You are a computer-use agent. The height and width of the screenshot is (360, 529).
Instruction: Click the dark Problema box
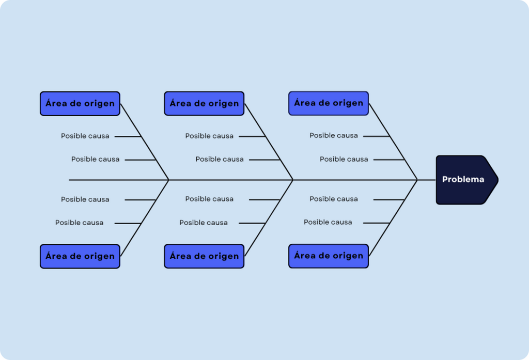(467, 180)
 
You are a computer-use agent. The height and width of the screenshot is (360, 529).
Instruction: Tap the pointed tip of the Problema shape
(499, 180)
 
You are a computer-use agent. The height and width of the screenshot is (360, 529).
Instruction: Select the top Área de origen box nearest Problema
(329, 103)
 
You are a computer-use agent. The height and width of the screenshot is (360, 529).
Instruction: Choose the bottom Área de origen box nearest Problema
(329, 256)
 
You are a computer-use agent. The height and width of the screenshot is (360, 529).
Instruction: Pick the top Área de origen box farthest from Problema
(80, 104)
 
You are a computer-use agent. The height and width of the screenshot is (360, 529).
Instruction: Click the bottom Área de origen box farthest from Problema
(80, 256)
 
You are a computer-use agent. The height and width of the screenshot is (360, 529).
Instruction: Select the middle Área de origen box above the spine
(204, 104)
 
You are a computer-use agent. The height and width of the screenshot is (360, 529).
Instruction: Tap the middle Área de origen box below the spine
(204, 256)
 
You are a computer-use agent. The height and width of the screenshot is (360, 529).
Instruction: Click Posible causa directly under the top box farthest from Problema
(85, 136)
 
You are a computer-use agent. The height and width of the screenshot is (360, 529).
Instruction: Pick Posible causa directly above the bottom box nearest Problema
(328, 222)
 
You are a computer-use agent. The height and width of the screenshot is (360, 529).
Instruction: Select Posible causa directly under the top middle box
(209, 136)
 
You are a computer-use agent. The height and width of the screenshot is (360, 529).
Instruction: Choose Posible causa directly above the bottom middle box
(204, 222)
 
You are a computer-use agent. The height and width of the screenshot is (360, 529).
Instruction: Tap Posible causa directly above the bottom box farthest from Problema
(79, 222)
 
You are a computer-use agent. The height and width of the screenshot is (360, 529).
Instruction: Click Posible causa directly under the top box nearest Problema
(334, 135)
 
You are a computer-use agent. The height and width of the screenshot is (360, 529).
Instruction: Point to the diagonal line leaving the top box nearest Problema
(393, 142)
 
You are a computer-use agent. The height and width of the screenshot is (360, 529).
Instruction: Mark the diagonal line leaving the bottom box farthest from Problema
(145, 218)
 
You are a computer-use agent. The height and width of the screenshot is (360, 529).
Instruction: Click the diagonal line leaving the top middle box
(269, 142)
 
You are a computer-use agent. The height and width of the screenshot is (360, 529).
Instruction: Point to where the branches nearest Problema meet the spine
(417, 180)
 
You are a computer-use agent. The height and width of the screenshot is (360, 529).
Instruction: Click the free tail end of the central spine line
(69, 180)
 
